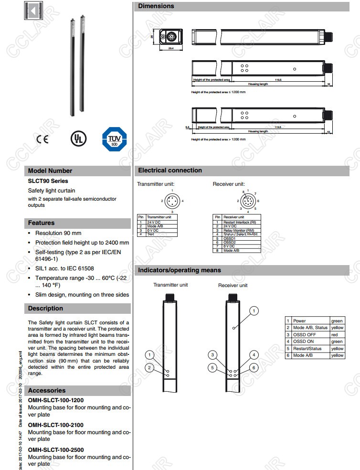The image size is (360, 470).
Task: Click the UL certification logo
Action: pyautogui.click(x=76, y=138)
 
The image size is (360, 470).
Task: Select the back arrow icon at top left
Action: pyautogui.click(x=32, y=11)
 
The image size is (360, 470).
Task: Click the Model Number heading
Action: pyautogui.click(x=50, y=171)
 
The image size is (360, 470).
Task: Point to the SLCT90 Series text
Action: pyautogui.click(x=48, y=181)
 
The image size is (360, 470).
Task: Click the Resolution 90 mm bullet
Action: pyautogui.click(x=58, y=233)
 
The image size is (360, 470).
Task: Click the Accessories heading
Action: pyautogui.click(x=47, y=390)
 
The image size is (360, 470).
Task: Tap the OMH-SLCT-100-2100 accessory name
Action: pyautogui.click(x=55, y=425)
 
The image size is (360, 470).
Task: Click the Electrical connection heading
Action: pyautogui.click(x=170, y=171)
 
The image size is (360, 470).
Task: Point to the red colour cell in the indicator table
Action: pyautogui.click(x=337, y=335)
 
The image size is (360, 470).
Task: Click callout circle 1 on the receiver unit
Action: pyautogui.click(x=254, y=311)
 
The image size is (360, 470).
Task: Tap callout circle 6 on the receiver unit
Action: pyautogui.click(x=254, y=367)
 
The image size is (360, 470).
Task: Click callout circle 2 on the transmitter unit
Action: pyautogui.click(x=150, y=367)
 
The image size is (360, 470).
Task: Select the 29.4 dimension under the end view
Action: pyautogui.click(x=170, y=48)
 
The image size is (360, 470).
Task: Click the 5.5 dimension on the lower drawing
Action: pyautogui.click(x=188, y=127)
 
